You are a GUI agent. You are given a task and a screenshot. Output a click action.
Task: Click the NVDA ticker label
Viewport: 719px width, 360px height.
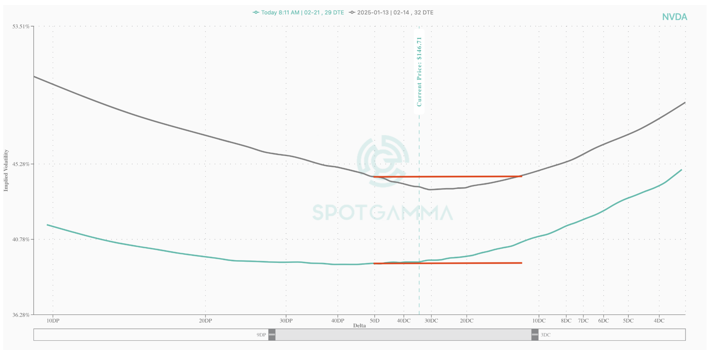pyautogui.click(x=674, y=17)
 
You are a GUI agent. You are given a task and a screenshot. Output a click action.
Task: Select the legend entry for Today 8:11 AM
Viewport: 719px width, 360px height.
pyautogui.click(x=299, y=13)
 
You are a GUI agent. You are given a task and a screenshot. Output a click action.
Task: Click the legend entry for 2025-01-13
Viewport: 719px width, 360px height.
pyautogui.click(x=391, y=13)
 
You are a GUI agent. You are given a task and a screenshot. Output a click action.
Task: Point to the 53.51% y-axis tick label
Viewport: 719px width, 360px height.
pyautogui.click(x=21, y=27)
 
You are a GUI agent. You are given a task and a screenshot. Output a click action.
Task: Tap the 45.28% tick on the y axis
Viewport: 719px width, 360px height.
pyautogui.click(x=21, y=164)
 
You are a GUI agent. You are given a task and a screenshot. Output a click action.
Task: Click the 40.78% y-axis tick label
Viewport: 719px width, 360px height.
pyautogui.click(x=21, y=239)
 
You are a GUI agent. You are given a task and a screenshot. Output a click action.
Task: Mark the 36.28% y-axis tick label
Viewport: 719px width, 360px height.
pyautogui.click(x=21, y=315)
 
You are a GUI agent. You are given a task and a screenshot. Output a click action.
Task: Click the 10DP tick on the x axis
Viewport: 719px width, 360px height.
pyautogui.click(x=53, y=321)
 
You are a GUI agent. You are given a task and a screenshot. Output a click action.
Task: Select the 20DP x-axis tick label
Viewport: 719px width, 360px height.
pyautogui.click(x=205, y=321)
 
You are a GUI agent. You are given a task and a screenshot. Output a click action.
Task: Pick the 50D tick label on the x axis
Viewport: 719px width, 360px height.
pyautogui.click(x=375, y=321)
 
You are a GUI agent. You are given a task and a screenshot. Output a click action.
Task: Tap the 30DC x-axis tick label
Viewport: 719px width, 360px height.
pyautogui.click(x=431, y=321)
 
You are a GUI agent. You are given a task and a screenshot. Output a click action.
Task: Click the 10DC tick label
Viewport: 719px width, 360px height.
pyautogui.click(x=539, y=321)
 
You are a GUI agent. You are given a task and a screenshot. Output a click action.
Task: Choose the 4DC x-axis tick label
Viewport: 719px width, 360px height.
pyautogui.click(x=659, y=321)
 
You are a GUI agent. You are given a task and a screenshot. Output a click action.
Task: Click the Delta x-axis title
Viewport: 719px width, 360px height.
pyautogui.click(x=359, y=326)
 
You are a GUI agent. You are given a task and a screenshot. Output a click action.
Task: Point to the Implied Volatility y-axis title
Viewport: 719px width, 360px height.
pyautogui.click(x=6, y=170)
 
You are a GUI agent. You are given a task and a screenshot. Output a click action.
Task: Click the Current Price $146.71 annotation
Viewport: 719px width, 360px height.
pyautogui.click(x=419, y=72)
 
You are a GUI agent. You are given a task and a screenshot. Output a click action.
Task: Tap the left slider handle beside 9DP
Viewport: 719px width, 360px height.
pyautogui.click(x=272, y=335)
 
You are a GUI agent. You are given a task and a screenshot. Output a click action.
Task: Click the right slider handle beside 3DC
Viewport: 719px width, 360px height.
pyautogui.click(x=535, y=335)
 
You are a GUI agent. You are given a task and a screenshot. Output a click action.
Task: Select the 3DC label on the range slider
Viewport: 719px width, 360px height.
pyautogui.click(x=546, y=335)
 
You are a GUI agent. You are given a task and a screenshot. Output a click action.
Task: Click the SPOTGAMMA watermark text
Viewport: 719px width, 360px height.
pyautogui.click(x=382, y=213)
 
